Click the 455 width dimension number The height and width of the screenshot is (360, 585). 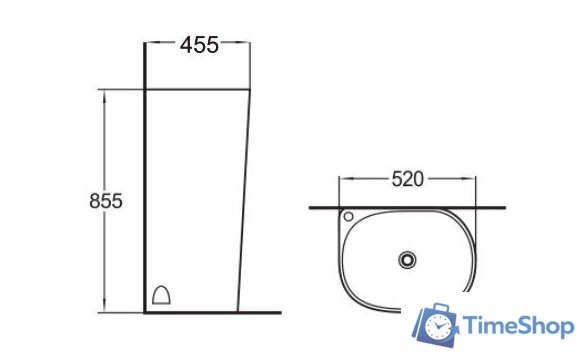click(x=199, y=45)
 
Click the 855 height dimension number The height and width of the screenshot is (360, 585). click(x=106, y=201)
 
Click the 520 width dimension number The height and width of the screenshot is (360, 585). click(x=408, y=179)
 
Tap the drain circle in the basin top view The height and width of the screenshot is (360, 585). click(x=407, y=259)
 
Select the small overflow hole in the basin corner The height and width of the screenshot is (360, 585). click(x=348, y=216)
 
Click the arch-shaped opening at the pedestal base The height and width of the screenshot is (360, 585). click(x=161, y=295)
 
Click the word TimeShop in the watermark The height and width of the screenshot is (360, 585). click(x=519, y=325)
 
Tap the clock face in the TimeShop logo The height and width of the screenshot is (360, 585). click(x=438, y=327)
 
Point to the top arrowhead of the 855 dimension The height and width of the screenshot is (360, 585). click(x=104, y=95)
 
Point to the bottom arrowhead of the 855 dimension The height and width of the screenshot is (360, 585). click(x=104, y=307)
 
